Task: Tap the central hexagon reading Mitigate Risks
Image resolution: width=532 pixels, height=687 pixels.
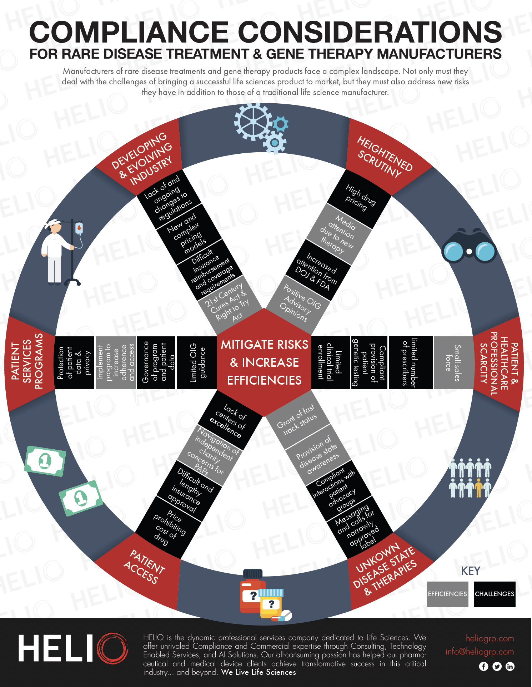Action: (x=264, y=362)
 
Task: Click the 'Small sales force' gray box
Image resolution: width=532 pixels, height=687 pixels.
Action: (x=453, y=362)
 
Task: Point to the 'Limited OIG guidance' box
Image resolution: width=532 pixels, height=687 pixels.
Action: (x=197, y=362)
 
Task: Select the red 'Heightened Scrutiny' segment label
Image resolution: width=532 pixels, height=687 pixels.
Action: (x=384, y=157)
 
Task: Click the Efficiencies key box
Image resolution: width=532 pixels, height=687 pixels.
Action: (x=447, y=594)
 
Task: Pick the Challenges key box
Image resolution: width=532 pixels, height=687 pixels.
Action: (x=495, y=594)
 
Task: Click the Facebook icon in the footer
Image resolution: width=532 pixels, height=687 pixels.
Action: (x=483, y=666)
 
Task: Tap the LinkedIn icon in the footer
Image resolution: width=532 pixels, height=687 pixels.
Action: (x=510, y=666)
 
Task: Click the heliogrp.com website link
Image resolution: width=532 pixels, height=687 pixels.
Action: (x=490, y=638)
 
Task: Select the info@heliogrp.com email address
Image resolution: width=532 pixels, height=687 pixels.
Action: (x=480, y=652)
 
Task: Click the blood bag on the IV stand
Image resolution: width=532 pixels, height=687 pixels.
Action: (x=79, y=228)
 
